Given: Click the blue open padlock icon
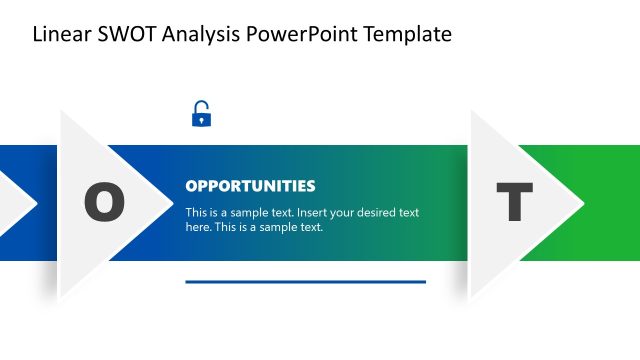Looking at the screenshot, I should click(201, 115).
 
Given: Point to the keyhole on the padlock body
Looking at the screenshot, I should click(201, 120).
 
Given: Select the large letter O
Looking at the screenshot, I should click(104, 203).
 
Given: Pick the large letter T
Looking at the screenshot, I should click(514, 203).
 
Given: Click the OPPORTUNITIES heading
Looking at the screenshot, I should click(250, 186).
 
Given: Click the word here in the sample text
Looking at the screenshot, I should click(199, 227).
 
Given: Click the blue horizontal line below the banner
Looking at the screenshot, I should click(305, 282).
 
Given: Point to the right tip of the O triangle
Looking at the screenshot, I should click(171, 203).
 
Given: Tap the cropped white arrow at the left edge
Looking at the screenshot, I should click(14, 203).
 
